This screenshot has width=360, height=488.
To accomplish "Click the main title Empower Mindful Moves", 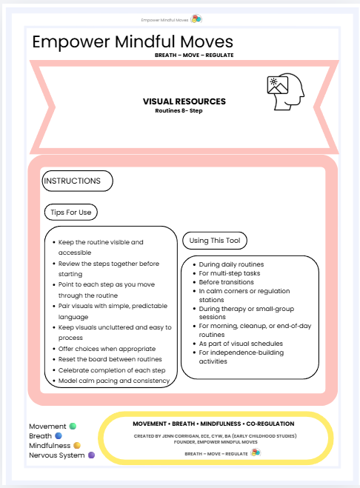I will (x=133, y=42).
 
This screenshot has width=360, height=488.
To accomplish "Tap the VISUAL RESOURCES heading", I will (x=184, y=101).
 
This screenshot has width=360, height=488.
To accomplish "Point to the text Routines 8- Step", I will (x=179, y=111).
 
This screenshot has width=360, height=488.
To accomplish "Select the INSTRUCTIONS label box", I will (x=77, y=181).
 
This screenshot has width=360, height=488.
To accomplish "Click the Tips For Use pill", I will (x=70, y=213).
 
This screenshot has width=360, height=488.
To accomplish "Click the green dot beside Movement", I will (x=73, y=426).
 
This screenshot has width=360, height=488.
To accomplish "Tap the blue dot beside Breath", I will (x=58, y=436).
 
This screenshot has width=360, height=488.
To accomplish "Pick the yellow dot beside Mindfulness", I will (x=77, y=446).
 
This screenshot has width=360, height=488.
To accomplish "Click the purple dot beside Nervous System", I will (x=92, y=455).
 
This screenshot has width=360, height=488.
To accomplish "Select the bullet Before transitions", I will (x=227, y=282).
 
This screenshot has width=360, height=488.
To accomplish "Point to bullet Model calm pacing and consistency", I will (x=113, y=381).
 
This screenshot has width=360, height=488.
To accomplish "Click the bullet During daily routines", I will (x=233, y=264).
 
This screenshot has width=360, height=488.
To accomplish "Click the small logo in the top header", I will (x=196, y=19).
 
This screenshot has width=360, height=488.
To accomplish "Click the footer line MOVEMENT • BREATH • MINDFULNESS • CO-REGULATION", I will (x=214, y=424).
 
